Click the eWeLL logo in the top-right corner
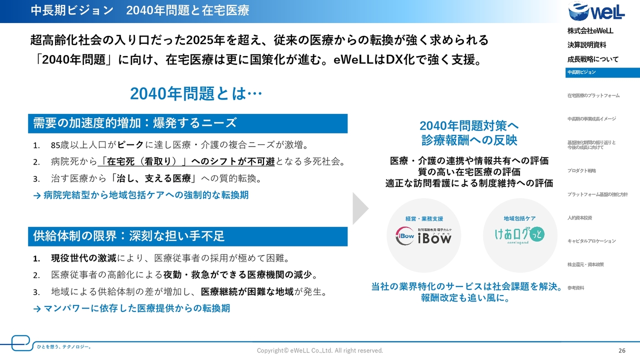(596, 11)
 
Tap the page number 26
(622, 350)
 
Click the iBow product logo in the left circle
(423, 236)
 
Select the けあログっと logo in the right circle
(519, 235)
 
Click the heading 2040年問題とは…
(196, 93)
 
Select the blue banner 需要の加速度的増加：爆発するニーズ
(187, 123)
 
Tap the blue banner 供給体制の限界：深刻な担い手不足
(187, 236)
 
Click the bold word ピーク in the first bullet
(130, 145)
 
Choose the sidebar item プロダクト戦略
(581, 171)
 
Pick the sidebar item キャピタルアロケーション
(591, 241)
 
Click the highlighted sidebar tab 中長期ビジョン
(602, 72)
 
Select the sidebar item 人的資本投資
(579, 218)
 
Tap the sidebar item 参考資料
(575, 288)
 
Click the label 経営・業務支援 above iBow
(424, 219)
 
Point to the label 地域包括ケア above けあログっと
(519, 218)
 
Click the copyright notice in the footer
(319, 350)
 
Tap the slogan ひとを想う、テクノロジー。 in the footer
(64, 347)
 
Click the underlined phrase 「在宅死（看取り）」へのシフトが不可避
(186, 161)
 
